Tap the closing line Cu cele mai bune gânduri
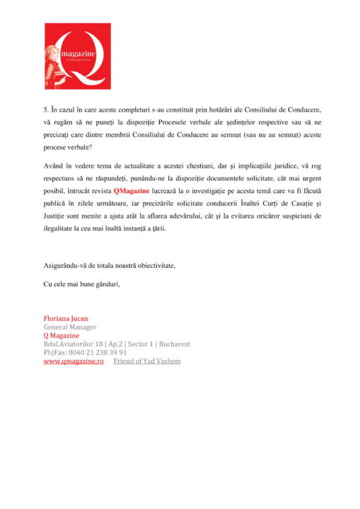(x=82, y=284)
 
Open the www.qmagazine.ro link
(x=74, y=361)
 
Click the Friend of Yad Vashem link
(x=147, y=361)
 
